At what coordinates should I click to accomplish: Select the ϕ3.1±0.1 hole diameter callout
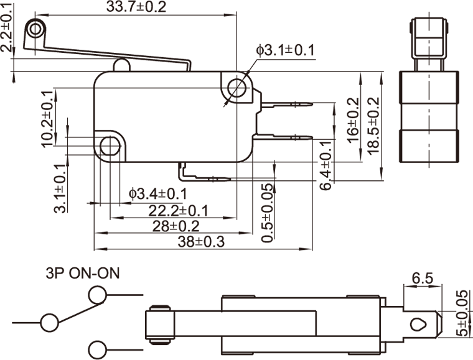click(x=285, y=50)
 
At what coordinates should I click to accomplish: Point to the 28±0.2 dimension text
click(x=176, y=226)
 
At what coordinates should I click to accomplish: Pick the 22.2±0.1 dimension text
click(x=178, y=211)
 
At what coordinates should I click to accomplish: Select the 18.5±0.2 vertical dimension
click(x=373, y=127)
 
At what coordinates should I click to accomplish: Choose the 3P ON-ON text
click(x=82, y=273)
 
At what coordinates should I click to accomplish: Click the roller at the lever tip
click(x=35, y=29)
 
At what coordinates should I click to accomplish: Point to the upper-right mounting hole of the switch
click(x=237, y=88)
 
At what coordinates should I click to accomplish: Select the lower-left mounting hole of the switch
click(x=110, y=147)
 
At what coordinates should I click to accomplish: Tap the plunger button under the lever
click(x=121, y=65)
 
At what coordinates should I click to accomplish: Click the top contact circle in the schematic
click(x=98, y=294)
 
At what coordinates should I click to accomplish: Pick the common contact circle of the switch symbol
click(x=49, y=322)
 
